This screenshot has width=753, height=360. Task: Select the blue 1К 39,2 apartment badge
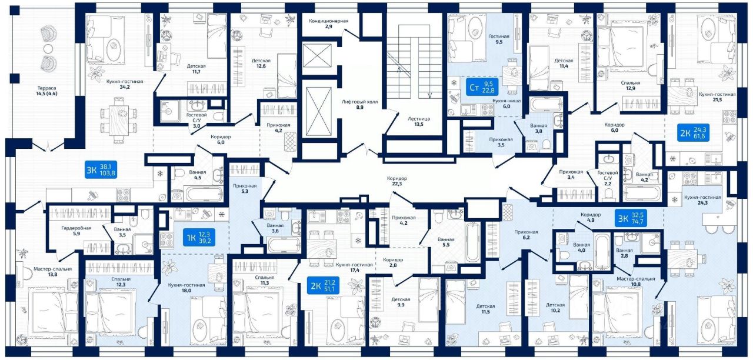click(196, 238)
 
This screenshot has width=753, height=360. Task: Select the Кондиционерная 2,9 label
click(329, 24)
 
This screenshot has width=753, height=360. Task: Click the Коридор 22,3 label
click(397, 181)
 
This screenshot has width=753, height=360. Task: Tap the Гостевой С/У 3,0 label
click(198, 119)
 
